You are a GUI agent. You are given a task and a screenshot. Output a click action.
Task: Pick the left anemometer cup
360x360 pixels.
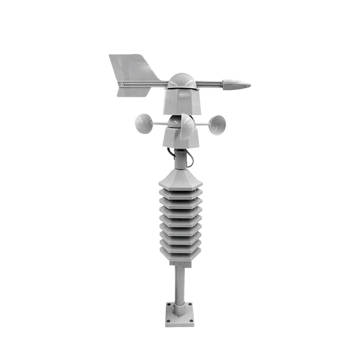coord(144,123)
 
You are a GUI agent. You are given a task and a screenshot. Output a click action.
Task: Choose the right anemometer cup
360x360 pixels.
coord(218,124)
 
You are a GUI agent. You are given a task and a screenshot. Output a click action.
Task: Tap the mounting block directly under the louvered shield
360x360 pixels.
coord(180,263)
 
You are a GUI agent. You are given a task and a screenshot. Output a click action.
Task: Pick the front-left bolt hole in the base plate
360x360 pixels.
coord(169,320)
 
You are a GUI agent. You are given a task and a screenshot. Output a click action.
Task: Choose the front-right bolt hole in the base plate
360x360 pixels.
coord(191,320)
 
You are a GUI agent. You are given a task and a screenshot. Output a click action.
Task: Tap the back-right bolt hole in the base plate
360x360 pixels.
coord(190,305)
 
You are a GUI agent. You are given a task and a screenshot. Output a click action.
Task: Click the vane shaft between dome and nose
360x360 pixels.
coord(209,83)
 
